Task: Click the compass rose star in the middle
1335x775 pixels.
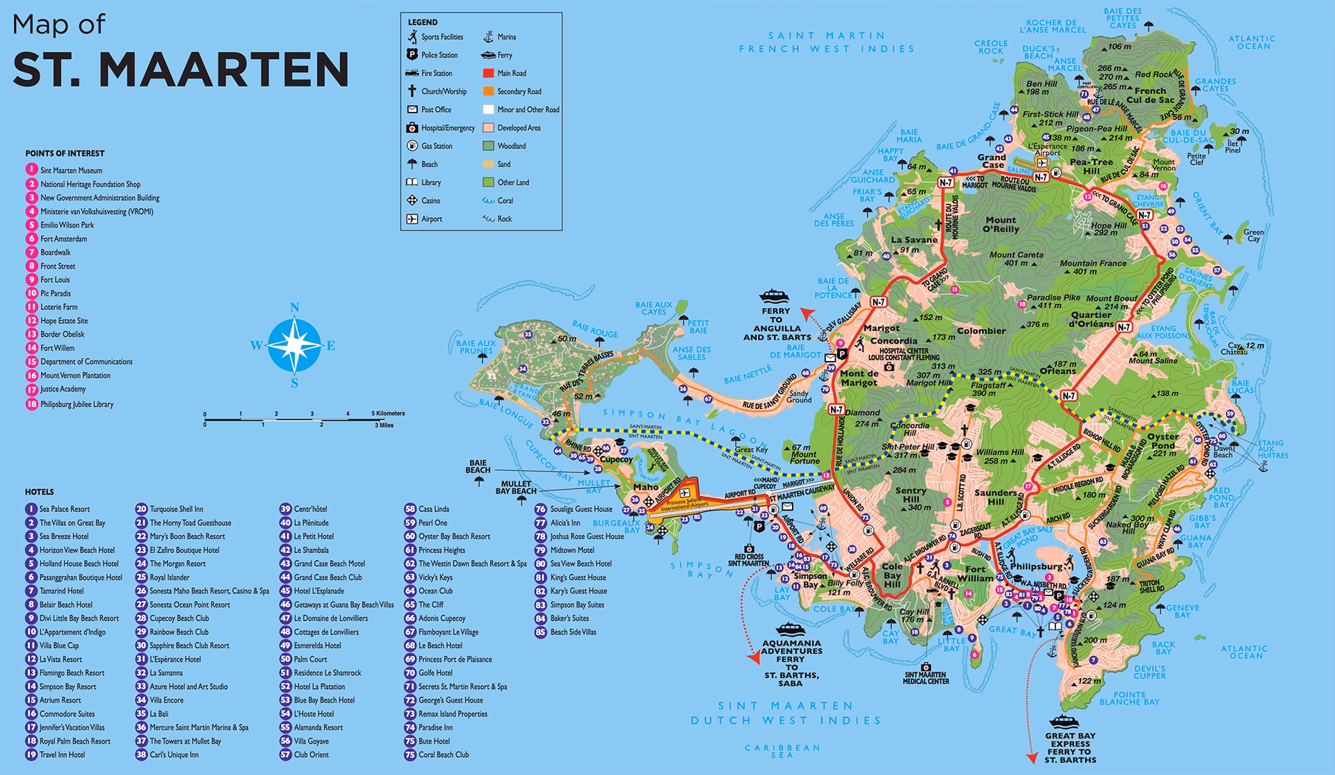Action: click(x=294, y=345)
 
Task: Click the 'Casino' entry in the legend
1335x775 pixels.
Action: click(x=430, y=200)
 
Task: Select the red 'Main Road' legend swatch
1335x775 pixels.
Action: click(x=487, y=73)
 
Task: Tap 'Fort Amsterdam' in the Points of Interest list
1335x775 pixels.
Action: click(x=63, y=239)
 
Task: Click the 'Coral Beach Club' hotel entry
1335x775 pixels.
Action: click(x=443, y=755)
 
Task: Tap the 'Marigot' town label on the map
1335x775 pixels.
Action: click(x=881, y=328)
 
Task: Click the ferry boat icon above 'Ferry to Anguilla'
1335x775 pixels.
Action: click(x=775, y=295)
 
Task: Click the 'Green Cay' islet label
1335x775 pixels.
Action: click(x=1254, y=235)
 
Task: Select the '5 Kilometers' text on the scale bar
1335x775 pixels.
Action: click(x=387, y=413)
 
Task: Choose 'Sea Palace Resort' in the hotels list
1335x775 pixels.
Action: click(x=64, y=509)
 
